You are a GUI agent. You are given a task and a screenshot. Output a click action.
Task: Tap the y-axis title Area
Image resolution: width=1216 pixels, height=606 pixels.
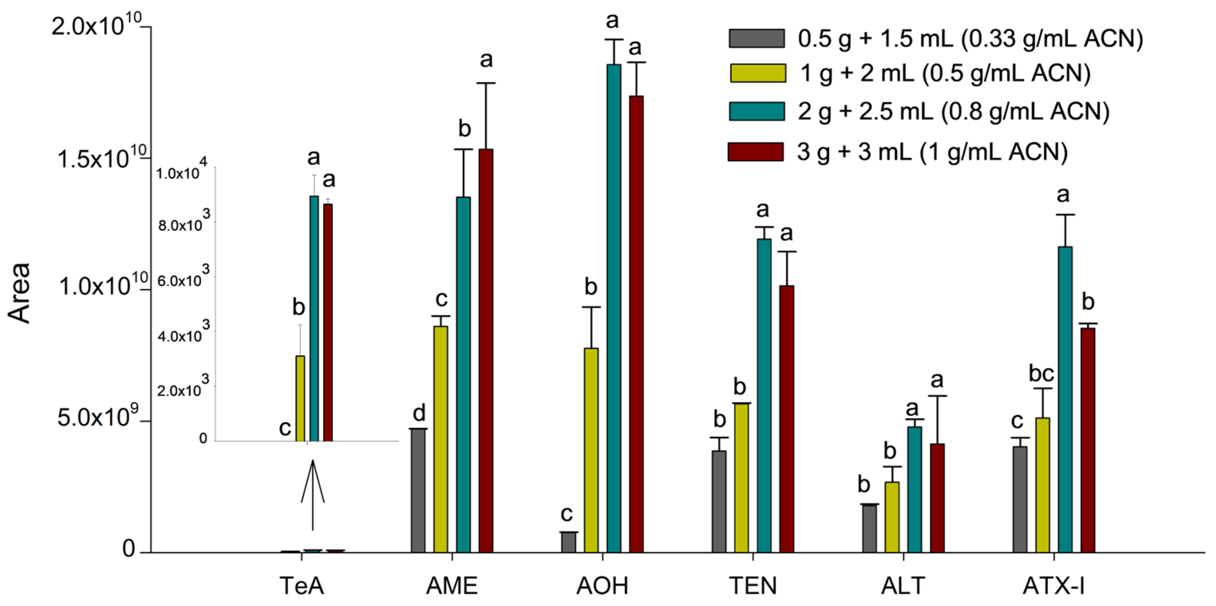click(20, 293)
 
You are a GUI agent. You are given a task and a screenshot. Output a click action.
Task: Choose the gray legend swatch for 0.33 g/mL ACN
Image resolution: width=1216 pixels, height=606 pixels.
click(757, 38)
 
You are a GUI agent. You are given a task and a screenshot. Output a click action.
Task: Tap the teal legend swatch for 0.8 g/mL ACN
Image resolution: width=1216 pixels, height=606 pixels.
click(757, 111)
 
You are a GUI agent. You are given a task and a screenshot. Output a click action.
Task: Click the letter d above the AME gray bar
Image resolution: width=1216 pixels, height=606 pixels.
click(419, 413)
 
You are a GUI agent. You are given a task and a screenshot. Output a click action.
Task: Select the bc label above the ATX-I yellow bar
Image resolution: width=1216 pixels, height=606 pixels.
click(1041, 374)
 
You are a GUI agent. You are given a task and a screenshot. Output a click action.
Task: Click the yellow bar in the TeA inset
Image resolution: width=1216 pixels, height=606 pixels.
click(300, 398)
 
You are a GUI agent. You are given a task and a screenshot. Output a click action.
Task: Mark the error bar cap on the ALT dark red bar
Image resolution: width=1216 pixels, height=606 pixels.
click(937, 396)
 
